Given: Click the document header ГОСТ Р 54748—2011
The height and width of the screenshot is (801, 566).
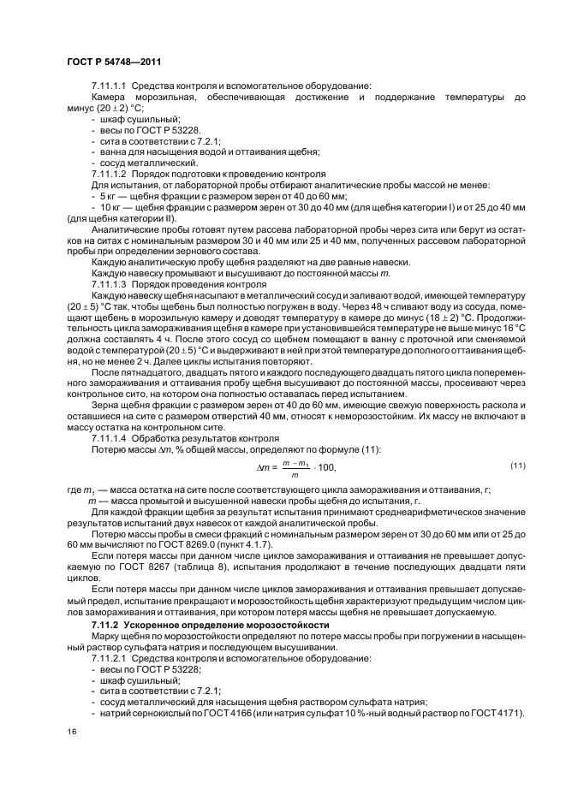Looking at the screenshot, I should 114,61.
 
